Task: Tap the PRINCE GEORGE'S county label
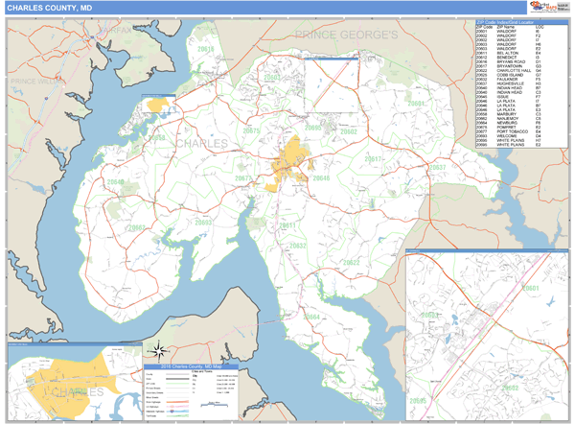346,35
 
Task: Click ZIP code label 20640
115,181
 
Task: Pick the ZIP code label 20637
437,168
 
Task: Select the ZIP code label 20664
311,316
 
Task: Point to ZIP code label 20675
251,130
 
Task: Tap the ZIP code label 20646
319,178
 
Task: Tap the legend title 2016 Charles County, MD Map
191,366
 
